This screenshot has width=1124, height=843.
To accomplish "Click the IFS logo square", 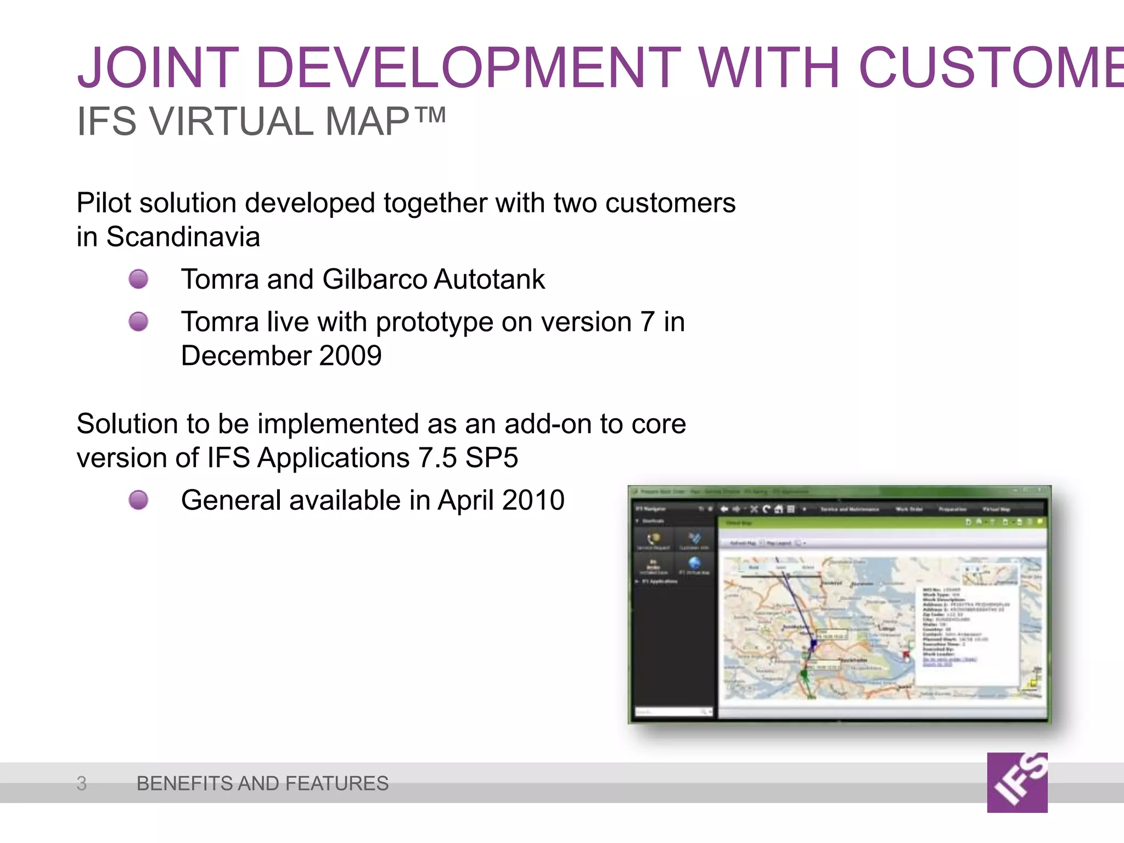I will (x=1017, y=782).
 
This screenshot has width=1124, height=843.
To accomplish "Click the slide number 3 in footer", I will (x=82, y=783).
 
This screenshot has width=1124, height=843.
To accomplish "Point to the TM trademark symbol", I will (x=430, y=115).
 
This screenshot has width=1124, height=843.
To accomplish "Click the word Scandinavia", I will (x=183, y=237).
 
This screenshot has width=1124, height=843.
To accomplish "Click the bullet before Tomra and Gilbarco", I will (x=138, y=279).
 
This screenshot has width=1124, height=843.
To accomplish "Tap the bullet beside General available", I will (x=138, y=500).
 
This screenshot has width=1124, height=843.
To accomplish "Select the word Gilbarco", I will (x=375, y=279).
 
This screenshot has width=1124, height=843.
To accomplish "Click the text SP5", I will (x=492, y=458).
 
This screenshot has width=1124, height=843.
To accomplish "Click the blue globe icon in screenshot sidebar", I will (x=694, y=563).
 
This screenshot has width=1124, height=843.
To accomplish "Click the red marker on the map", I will (x=906, y=654).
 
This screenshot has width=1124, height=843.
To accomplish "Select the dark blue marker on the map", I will (x=813, y=642).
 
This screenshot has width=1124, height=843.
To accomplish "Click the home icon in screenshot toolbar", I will (x=778, y=509).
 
